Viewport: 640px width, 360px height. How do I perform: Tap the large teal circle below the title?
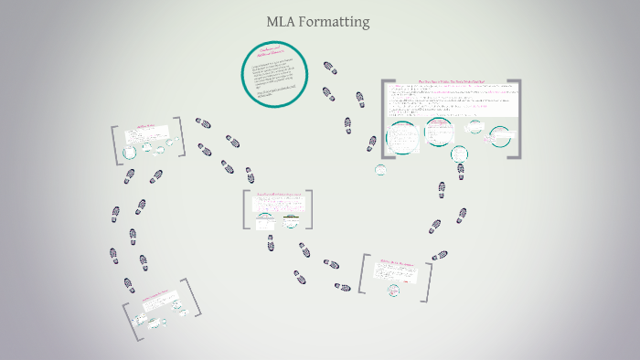[272, 74]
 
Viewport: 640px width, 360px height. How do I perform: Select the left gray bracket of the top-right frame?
[386, 119]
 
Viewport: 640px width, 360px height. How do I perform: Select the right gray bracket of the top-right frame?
[517, 119]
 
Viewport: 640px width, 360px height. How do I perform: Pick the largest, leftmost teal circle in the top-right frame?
[402, 137]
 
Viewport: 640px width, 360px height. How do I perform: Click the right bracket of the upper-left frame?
[179, 137]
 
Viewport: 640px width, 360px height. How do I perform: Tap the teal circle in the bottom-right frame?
[394, 290]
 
